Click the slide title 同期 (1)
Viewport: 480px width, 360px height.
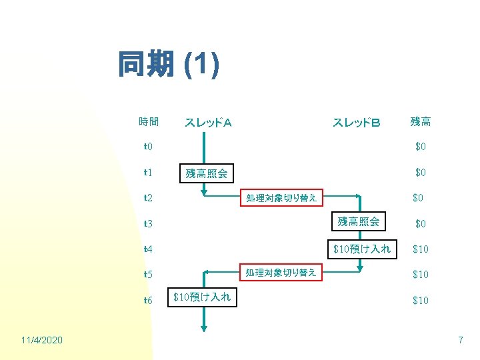(x=168, y=65)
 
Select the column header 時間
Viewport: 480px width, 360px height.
(x=149, y=121)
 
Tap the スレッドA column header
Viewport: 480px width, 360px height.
(x=208, y=122)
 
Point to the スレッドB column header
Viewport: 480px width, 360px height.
(x=356, y=122)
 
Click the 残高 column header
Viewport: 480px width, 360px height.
(x=420, y=121)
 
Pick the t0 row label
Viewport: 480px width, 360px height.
(x=148, y=147)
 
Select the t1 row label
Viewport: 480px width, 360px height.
(x=148, y=173)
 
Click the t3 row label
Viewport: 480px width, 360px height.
(x=148, y=223)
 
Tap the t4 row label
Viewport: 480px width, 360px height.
(x=148, y=249)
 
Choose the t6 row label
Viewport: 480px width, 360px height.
(x=148, y=300)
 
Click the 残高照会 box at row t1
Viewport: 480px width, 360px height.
(x=206, y=173)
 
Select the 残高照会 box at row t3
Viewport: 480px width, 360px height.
(x=359, y=222)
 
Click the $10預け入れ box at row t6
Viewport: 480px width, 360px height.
(x=201, y=297)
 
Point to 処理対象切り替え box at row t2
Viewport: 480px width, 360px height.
(x=281, y=197)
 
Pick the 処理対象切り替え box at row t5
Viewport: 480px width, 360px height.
(x=281, y=273)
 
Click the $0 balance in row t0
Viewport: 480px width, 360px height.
(x=421, y=147)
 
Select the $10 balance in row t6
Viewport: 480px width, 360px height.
(x=420, y=300)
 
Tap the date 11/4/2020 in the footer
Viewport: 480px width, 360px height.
(x=42, y=341)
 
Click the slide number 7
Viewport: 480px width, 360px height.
(x=460, y=341)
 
